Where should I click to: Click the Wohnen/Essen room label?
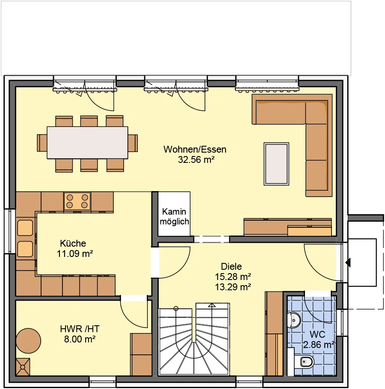pyautogui.click(x=195, y=149)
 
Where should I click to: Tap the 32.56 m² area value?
pyautogui.click(x=196, y=159)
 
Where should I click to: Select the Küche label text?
pyautogui.click(x=73, y=243)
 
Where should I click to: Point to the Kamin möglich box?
pyautogui.click(x=174, y=214)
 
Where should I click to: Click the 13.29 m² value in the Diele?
pyautogui.click(x=233, y=287)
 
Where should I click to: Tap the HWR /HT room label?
pyautogui.click(x=80, y=329)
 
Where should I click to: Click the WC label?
pyautogui.click(x=317, y=334)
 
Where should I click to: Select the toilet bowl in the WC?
pyautogui.click(x=307, y=362)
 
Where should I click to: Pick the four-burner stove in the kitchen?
pyautogui.click(x=77, y=201)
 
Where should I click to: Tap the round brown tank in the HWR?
pyautogui.click(x=28, y=340)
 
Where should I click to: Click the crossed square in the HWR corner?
pyautogui.click(x=23, y=367)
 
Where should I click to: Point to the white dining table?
pyautogui.click(x=87, y=143)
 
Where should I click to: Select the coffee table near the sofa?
pyautogui.click(x=276, y=164)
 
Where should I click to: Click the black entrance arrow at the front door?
pyautogui.click(x=348, y=262)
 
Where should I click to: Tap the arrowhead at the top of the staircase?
pyautogui.click(x=212, y=305)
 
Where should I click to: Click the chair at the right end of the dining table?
pyautogui.click(x=133, y=143)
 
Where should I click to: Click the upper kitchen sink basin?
pyautogui.click(x=25, y=228)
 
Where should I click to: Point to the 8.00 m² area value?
pyautogui.click(x=80, y=339)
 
